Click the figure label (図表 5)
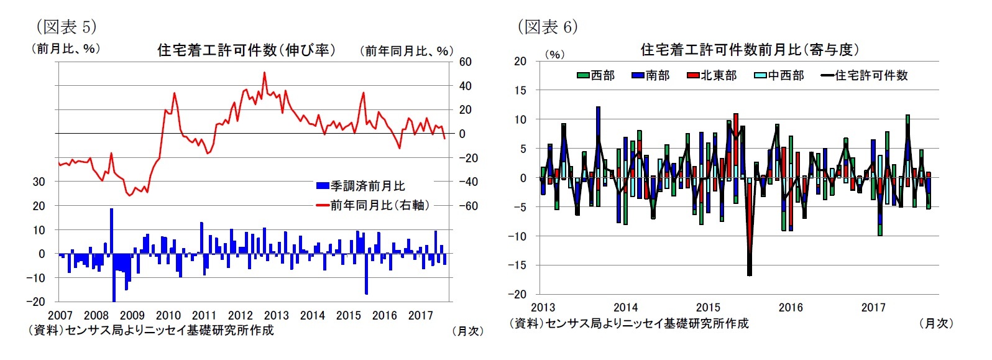point(66,26)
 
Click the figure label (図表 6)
point(547,26)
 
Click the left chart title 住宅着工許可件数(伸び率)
point(246,50)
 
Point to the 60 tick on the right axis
point(465,62)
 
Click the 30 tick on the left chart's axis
point(39,182)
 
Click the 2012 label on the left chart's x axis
point(240,315)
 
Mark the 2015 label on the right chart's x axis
point(708,307)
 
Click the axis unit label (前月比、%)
point(65,48)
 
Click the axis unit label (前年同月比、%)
point(406,51)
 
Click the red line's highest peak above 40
point(265,73)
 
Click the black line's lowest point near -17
point(750,275)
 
